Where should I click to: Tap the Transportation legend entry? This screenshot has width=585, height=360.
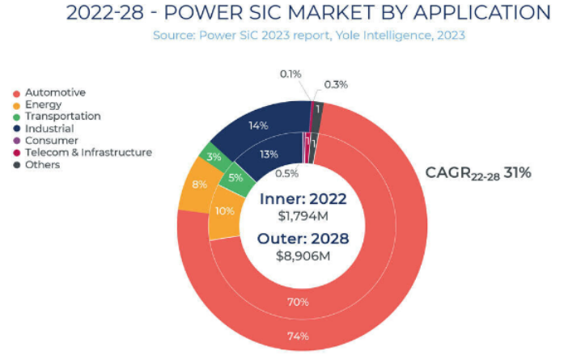[62, 116]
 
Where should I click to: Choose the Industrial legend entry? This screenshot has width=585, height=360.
[49, 128]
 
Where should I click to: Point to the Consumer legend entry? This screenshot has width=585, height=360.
[50, 140]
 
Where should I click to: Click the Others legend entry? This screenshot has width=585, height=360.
[42, 164]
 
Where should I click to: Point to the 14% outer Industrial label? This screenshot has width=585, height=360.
[258, 125]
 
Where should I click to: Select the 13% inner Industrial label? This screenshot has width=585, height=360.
[269, 155]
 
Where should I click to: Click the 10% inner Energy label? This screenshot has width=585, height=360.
[225, 211]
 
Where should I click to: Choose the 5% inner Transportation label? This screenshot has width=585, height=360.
[235, 179]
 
